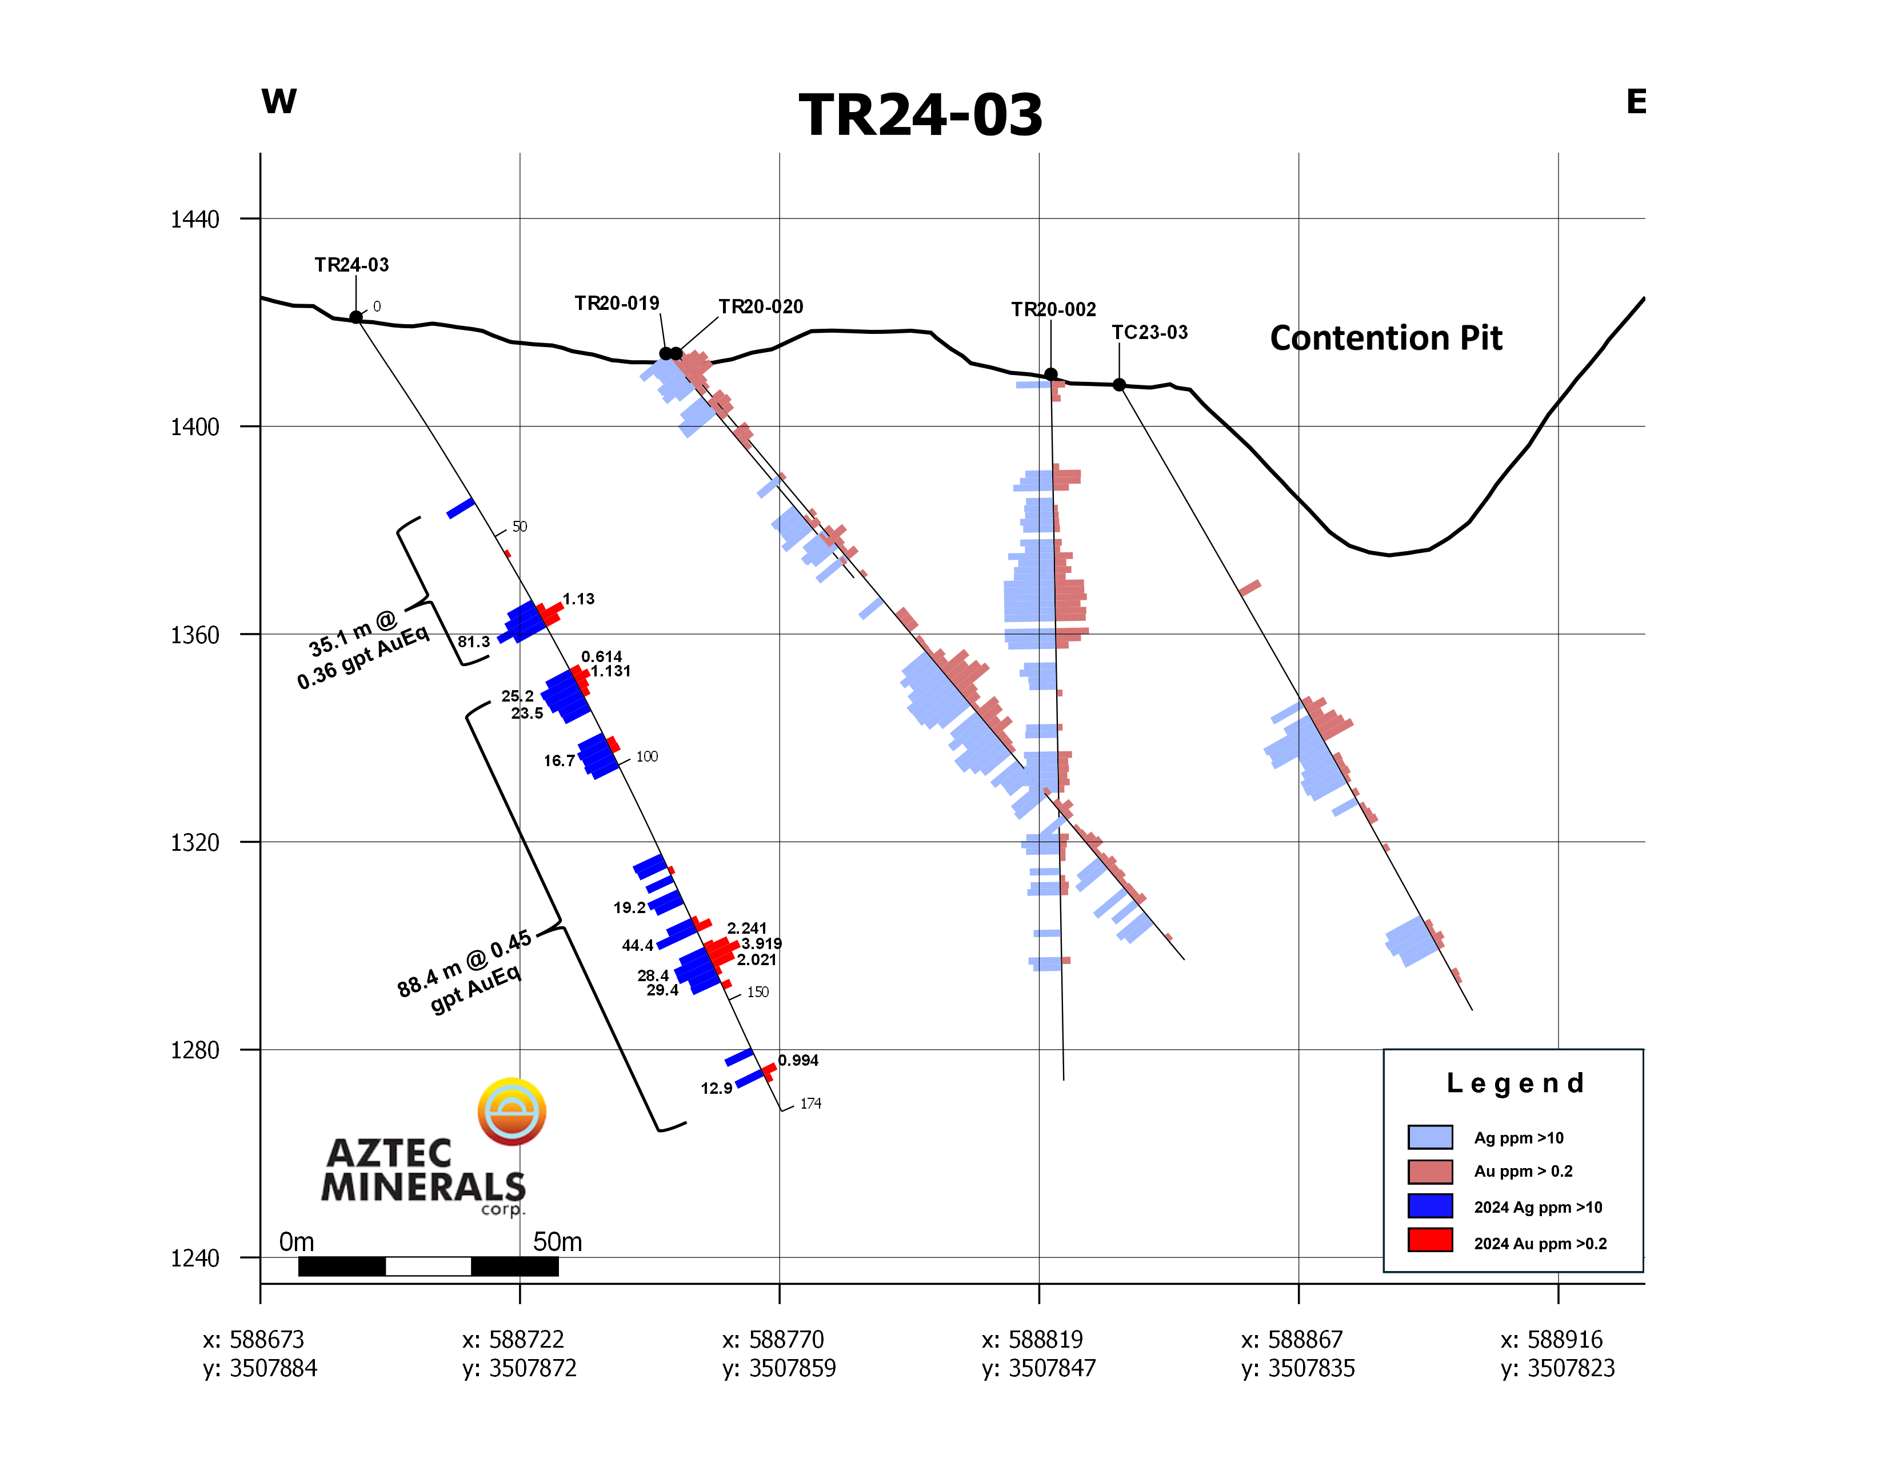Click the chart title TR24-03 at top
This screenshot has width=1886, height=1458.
921,115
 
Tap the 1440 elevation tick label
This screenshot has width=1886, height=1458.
194,220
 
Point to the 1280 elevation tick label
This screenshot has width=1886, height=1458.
194,1050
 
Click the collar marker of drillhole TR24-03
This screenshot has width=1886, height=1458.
356,317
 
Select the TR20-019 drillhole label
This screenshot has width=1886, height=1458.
617,303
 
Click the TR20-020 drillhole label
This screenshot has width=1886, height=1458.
761,306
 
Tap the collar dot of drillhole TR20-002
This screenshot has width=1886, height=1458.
1051,374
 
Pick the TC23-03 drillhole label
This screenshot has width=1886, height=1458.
1149,333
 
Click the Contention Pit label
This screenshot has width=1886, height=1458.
1386,338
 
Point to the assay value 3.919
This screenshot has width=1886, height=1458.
762,943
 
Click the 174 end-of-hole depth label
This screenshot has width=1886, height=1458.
811,1104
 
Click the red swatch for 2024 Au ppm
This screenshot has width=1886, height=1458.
1430,1240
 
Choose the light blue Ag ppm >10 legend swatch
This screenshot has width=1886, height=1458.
1430,1137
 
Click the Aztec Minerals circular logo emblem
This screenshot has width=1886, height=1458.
512,1112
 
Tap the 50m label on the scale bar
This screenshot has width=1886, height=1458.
557,1242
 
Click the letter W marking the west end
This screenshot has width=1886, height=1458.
279,101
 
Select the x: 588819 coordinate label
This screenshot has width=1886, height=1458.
1032,1340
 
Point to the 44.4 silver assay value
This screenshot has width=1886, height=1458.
637,946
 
